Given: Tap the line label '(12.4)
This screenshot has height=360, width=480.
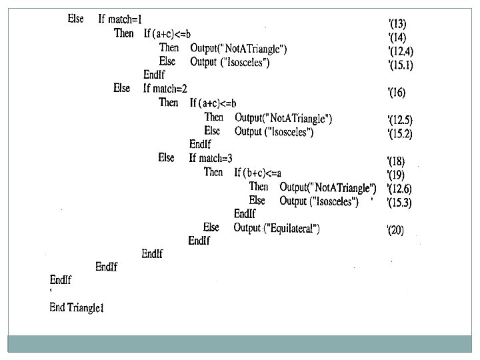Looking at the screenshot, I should tap(401, 51).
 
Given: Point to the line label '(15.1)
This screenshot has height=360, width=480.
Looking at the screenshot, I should tap(401, 65).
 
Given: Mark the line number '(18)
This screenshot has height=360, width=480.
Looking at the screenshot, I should tap(398, 161).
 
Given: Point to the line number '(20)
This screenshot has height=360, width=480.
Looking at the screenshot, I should tap(398, 231).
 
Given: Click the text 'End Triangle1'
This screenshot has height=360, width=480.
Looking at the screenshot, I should tap(77, 307).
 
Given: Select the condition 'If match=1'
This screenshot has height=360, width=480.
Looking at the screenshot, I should tap(121, 19).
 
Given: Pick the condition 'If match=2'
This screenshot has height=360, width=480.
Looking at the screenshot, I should tap(165, 88).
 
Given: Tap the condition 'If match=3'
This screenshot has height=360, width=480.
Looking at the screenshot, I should tap(211, 158).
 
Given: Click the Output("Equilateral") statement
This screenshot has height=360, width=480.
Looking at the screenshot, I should tap(277, 229).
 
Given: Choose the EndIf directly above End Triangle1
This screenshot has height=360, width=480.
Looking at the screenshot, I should tap(61, 280).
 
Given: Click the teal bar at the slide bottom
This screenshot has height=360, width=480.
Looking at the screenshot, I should tap(240, 343).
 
